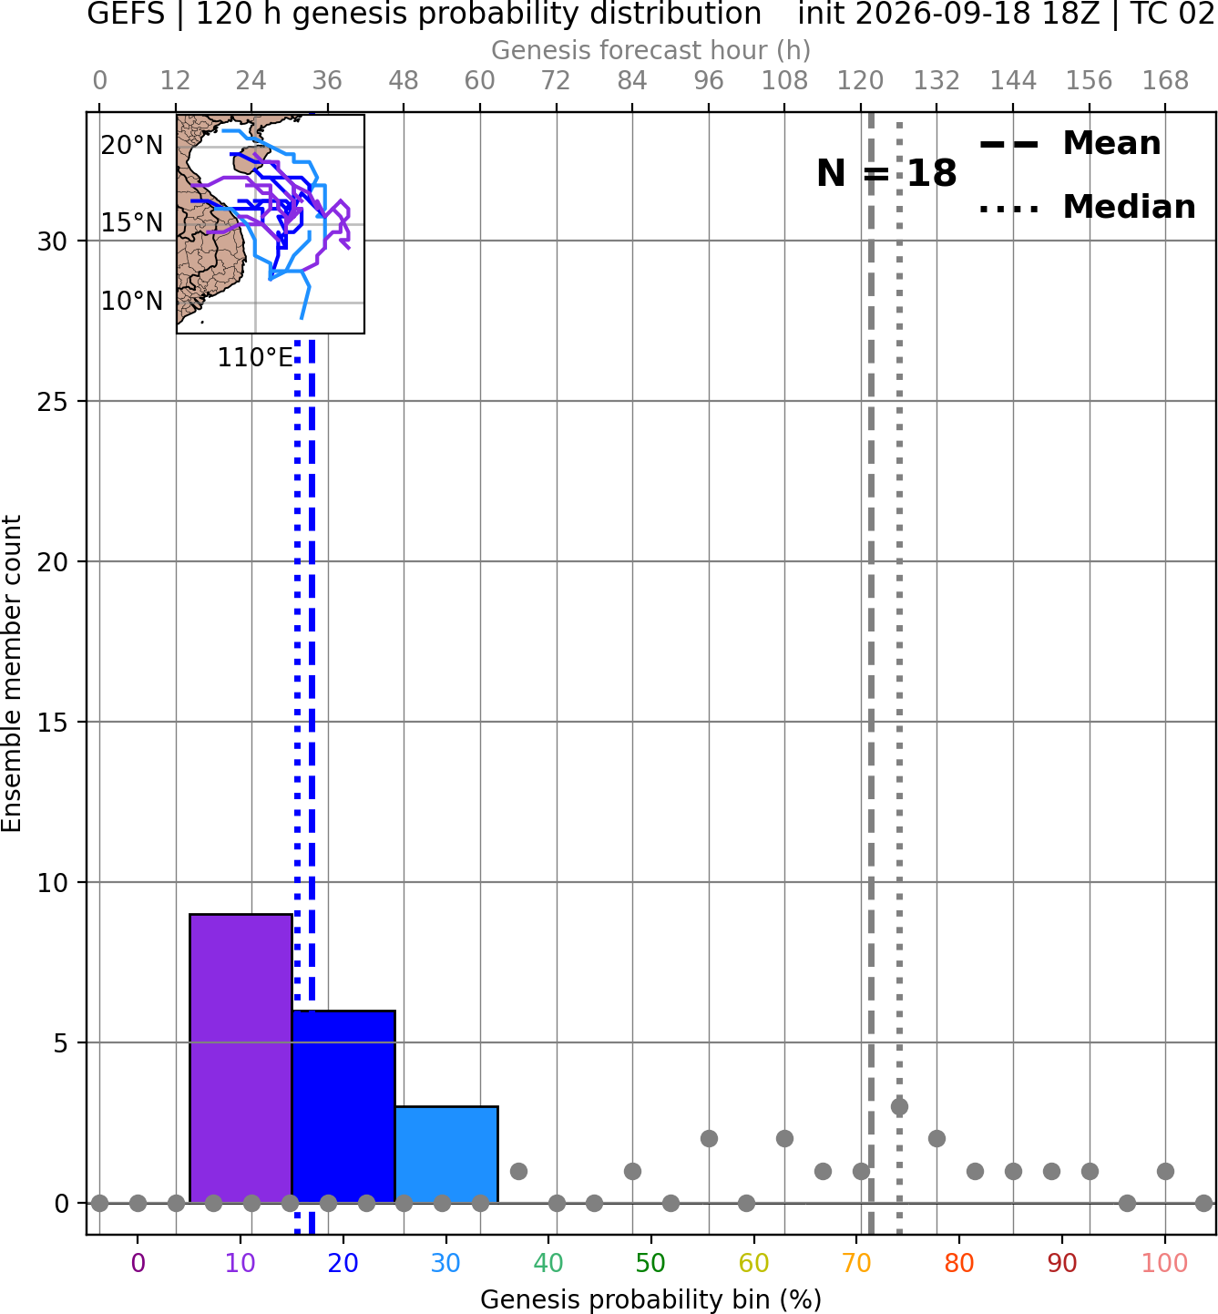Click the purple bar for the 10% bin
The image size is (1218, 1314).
(x=241, y=1059)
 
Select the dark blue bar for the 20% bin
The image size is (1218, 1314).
(x=344, y=1107)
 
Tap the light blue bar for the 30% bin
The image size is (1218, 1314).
(x=446, y=1155)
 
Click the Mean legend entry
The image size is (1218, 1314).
(x=1070, y=144)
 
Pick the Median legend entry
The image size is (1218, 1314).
(x=1088, y=207)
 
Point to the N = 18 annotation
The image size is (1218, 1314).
(x=886, y=173)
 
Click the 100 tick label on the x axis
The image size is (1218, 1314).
(x=1165, y=1264)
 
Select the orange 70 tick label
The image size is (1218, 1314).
(x=856, y=1264)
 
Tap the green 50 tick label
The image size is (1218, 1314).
(x=651, y=1264)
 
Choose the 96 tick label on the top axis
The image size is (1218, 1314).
(x=709, y=81)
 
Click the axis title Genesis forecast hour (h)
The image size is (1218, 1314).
(x=651, y=50)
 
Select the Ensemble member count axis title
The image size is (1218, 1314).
(x=12, y=673)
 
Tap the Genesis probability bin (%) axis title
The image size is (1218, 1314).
(x=651, y=1299)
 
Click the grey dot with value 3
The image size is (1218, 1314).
(x=899, y=1107)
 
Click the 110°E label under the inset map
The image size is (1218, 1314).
(x=255, y=358)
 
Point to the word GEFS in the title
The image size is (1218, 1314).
(x=126, y=14)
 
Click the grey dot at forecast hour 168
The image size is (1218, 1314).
(x=1165, y=1171)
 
